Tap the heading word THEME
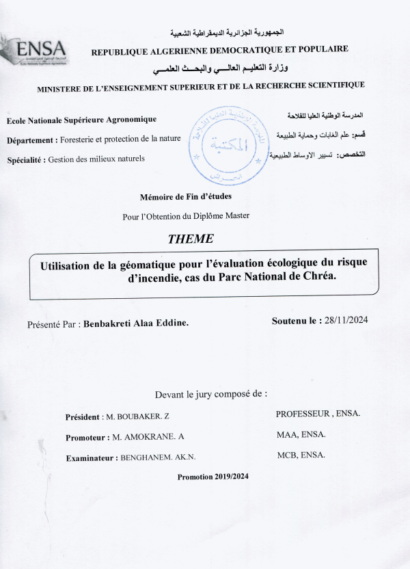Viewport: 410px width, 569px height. pyautogui.click(x=191, y=239)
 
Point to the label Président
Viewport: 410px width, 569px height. pyautogui.click(x=81, y=416)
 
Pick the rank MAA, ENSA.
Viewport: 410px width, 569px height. pyautogui.click(x=301, y=434)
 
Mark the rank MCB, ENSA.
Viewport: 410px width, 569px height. pyautogui.click(x=301, y=455)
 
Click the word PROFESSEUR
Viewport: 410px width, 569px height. pyautogui.click(x=303, y=414)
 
